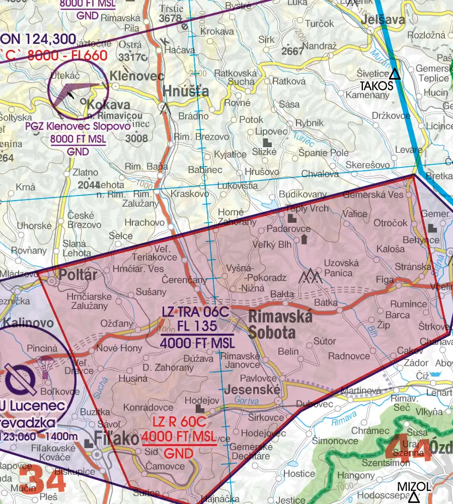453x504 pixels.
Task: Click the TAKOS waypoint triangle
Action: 395,75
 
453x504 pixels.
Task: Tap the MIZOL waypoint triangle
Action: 414,498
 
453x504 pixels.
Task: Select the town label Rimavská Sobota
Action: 280,325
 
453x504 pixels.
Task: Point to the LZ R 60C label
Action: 179,422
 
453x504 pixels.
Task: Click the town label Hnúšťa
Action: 186,91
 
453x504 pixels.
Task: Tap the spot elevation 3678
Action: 170,19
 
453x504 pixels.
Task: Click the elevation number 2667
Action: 293,51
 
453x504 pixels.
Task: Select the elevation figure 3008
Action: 136,138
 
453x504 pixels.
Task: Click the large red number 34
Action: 43,479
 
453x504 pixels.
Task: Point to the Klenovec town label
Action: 136,77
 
